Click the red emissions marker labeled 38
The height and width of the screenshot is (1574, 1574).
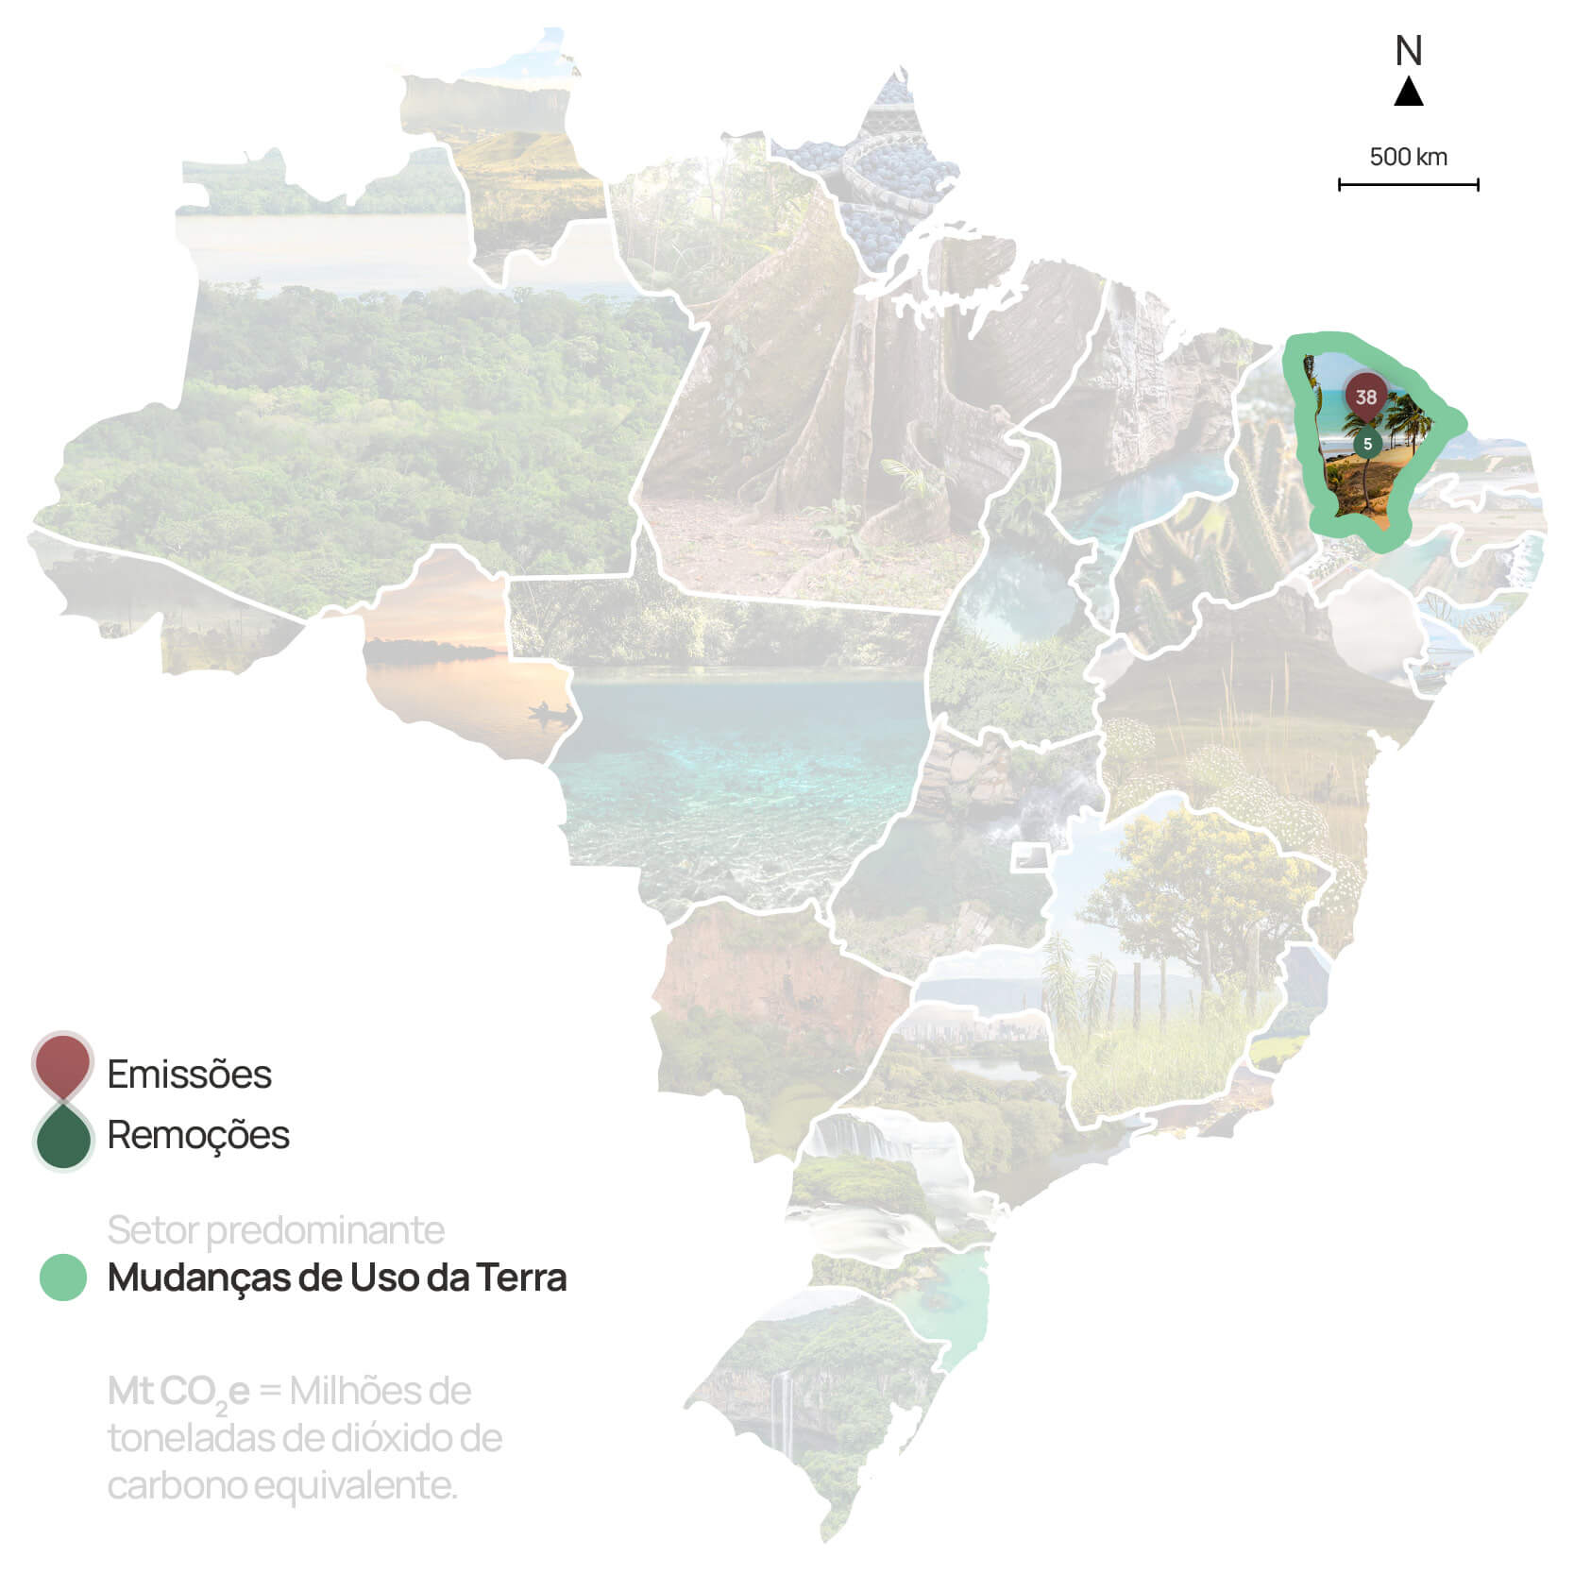pyautogui.click(x=1365, y=397)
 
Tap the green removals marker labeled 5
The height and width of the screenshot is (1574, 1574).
pyautogui.click(x=1367, y=443)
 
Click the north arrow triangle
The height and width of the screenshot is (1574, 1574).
pyautogui.click(x=1409, y=92)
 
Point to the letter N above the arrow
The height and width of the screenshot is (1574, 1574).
pyautogui.click(x=1409, y=51)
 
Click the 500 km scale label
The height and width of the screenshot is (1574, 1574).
pyautogui.click(x=1408, y=157)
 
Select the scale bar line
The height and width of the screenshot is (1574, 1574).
pyautogui.click(x=1408, y=185)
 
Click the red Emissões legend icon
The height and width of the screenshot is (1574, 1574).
pyautogui.click(x=62, y=1064)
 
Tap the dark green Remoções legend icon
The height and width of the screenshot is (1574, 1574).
pyautogui.click(x=63, y=1138)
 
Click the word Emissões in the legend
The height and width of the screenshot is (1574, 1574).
pyautogui.click(x=189, y=1075)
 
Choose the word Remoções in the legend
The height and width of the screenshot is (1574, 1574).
pyautogui.click(x=198, y=1135)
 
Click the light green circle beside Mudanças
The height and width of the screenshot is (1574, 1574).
pyautogui.click(x=63, y=1278)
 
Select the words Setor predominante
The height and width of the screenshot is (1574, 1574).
pyautogui.click(x=276, y=1229)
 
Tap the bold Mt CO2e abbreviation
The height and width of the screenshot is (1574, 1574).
pyautogui.click(x=178, y=1392)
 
